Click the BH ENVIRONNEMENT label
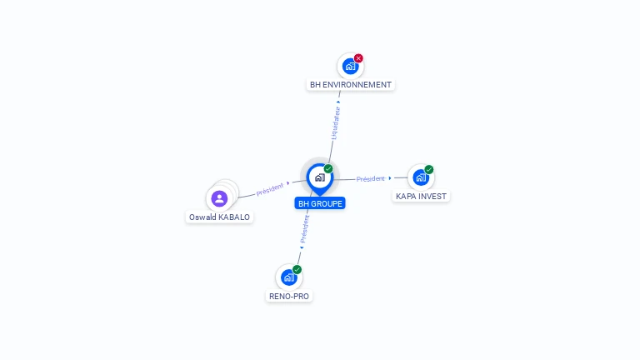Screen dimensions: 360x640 pos(350,84)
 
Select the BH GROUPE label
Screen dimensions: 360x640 pos(320,203)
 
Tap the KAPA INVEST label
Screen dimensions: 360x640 pos(421,197)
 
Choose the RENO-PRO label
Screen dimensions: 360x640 pos(289,296)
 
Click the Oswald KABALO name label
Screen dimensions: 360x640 pos(219,217)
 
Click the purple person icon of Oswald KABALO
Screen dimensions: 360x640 pos(219,198)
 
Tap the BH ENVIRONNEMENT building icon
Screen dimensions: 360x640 pos(350,66)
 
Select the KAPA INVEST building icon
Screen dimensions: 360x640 pos(420,177)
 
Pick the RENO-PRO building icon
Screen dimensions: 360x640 pos(288,277)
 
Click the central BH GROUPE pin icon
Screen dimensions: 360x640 pos(319,177)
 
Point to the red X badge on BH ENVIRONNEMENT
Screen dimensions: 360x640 pos(358,58)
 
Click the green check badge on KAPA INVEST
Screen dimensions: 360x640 pos(429,170)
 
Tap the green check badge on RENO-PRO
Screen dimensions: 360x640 pos(297,270)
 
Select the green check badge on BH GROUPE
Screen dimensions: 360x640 pos(328,169)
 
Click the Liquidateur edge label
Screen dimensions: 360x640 pos(334,122)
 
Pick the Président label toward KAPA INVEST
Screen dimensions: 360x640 pos(371,178)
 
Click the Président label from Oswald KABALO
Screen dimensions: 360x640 pos(270,188)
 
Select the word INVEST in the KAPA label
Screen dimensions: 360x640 pos(432,197)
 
